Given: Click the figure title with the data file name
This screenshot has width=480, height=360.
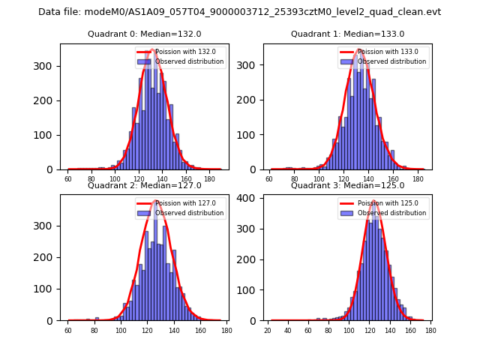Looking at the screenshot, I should pos(239,12).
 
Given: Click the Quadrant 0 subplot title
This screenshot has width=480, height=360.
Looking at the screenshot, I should pos(144,34).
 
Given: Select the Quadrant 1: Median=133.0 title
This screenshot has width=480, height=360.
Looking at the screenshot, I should pos(347,34).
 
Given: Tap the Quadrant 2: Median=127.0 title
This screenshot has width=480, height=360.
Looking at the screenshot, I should pos(144,185).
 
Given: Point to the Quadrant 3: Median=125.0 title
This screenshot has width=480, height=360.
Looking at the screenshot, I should pos(347,185).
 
